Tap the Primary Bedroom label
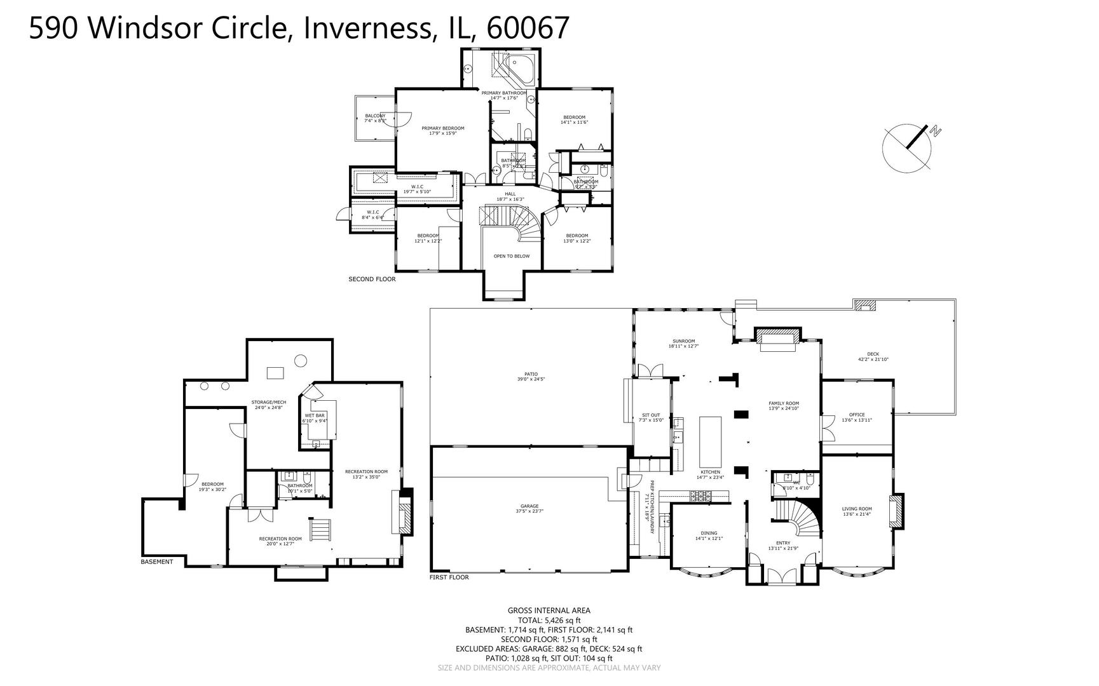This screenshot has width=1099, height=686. (x=443, y=128)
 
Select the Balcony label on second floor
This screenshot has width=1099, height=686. (x=375, y=116)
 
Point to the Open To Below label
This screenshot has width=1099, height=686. (x=512, y=256)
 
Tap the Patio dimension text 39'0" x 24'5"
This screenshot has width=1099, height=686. (x=531, y=379)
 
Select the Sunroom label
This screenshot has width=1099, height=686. (x=683, y=341)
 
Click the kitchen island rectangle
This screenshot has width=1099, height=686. (x=711, y=441)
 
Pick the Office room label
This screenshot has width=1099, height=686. (x=857, y=415)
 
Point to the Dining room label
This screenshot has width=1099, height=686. (x=709, y=534)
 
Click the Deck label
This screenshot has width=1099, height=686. (x=873, y=354)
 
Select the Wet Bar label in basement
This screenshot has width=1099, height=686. (x=315, y=415)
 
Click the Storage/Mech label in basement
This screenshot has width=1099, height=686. (x=268, y=402)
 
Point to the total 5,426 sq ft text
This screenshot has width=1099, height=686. (x=549, y=621)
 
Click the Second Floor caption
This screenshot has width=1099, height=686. (x=372, y=279)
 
